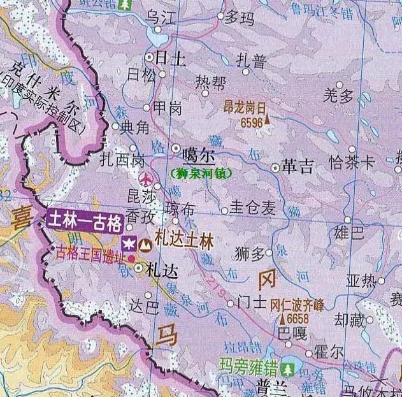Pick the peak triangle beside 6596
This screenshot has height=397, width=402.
coord(268,118)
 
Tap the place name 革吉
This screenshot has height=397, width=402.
coord(298,168)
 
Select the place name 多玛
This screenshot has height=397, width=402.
coord(240,17)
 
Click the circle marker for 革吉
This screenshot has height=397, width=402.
coord(275,168)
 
